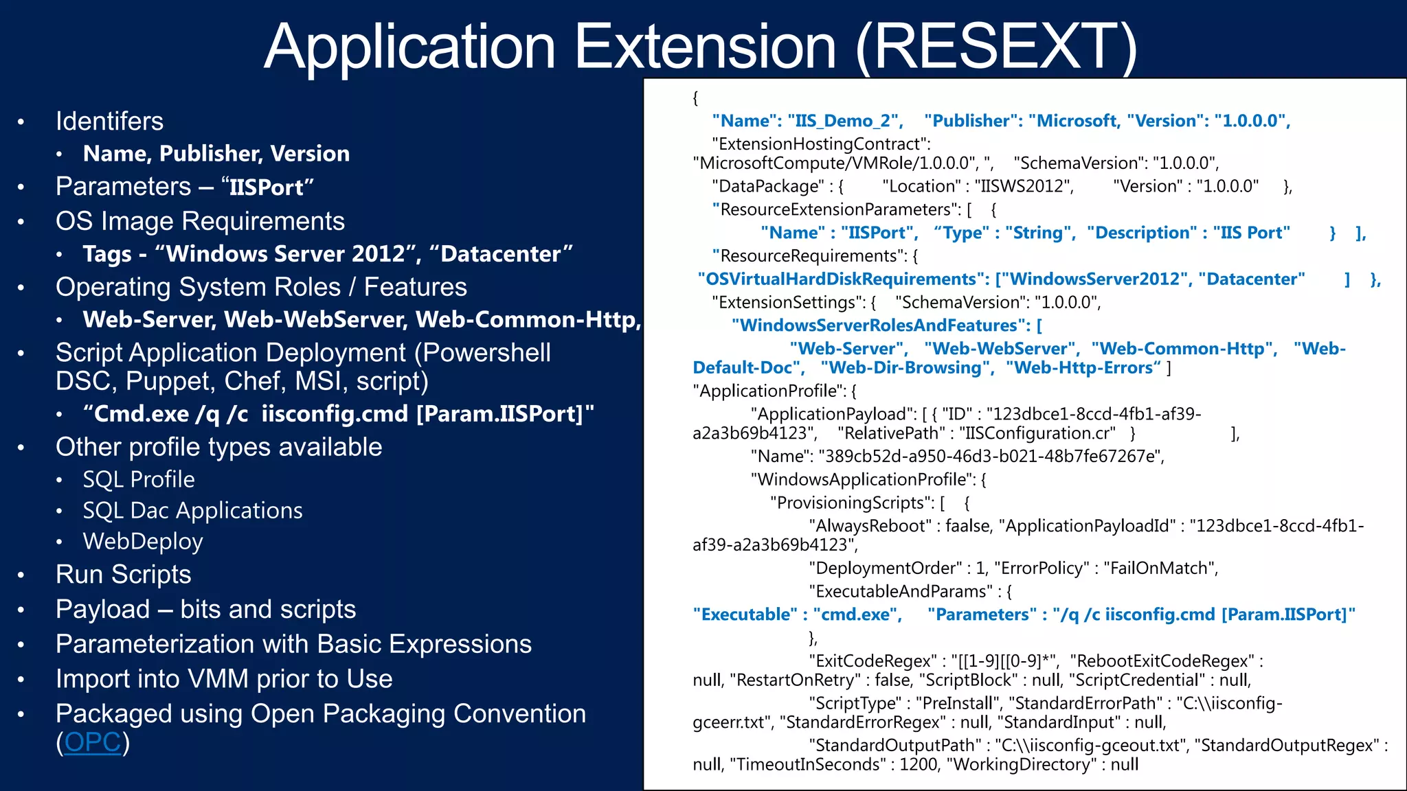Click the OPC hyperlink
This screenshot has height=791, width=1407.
[92, 742]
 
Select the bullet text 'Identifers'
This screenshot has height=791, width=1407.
[109, 122]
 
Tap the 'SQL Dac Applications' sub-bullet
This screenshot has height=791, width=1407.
[192, 510]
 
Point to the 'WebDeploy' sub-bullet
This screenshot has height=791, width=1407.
[143, 541]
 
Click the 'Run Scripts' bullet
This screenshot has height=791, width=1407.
[123, 574]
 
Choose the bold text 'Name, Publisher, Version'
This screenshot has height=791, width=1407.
[216, 153]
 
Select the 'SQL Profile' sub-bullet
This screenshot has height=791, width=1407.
[139, 479]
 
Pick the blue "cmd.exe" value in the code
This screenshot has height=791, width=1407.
[857, 615]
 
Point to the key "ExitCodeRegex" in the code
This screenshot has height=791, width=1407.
[872, 661]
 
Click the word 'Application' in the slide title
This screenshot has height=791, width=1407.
[409, 47]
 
